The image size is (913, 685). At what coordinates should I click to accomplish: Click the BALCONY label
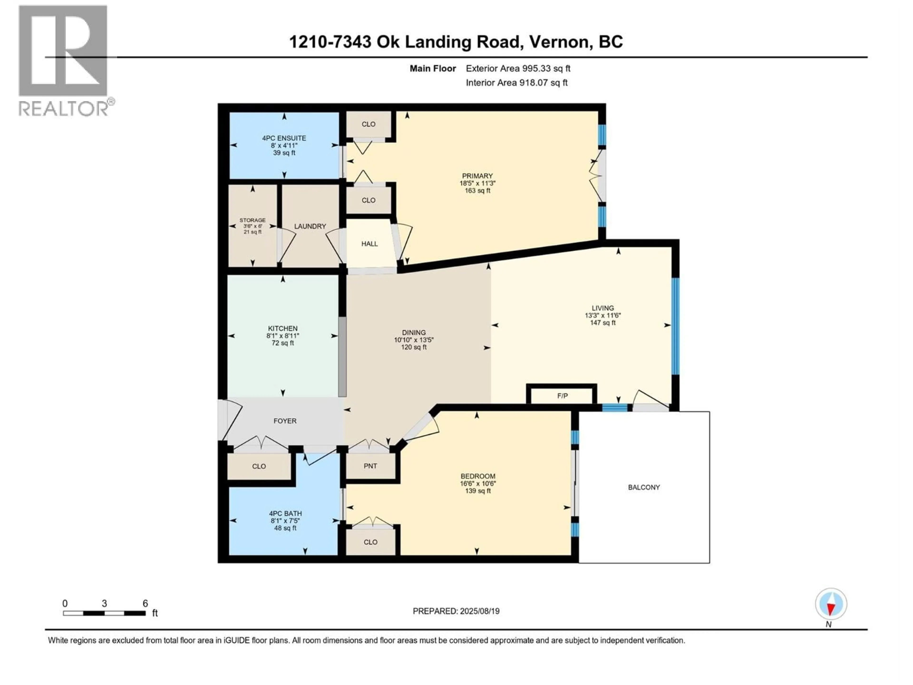click(x=644, y=487)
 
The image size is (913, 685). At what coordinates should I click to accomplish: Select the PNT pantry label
click(x=370, y=466)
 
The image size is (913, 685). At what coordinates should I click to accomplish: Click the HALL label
click(x=369, y=244)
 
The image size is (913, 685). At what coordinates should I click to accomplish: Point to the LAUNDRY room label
click(x=310, y=226)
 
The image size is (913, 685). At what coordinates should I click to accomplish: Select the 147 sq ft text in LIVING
click(x=603, y=323)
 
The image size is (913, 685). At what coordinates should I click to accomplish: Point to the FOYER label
click(x=285, y=421)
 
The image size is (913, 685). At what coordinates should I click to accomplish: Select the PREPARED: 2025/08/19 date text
click(x=456, y=611)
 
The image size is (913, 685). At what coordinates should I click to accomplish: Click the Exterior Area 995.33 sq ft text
click(x=518, y=68)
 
